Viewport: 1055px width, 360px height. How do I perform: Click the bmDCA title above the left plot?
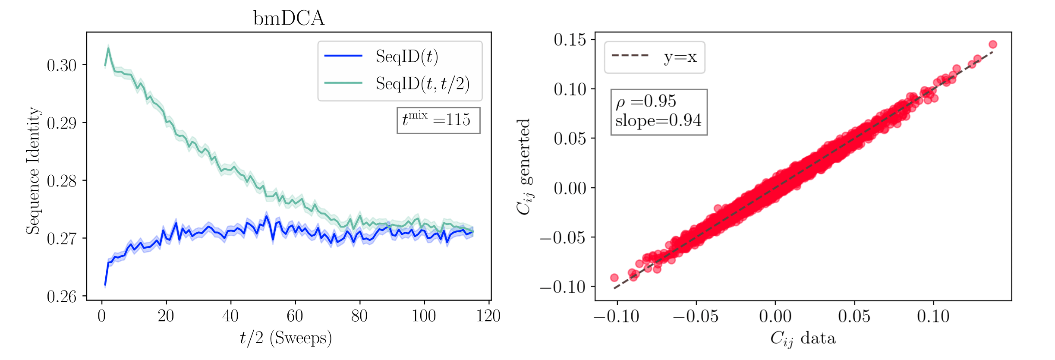tap(289, 18)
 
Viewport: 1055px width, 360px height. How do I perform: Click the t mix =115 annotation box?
tap(438, 120)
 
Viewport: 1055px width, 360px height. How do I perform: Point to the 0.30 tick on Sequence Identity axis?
tap(62, 66)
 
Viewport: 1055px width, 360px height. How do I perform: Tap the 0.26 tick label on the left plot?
tap(62, 297)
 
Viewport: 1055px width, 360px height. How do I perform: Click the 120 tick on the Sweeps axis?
tap(488, 316)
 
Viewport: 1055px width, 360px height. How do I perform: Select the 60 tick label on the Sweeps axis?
tap(295, 316)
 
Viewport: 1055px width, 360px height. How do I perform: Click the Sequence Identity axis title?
tap(33, 171)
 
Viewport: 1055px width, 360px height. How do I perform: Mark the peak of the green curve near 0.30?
tap(108, 48)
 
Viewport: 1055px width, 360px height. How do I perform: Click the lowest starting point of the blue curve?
tap(105, 285)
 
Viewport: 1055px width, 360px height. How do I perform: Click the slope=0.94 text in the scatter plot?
tap(658, 120)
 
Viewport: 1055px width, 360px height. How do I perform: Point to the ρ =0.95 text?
tap(646, 101)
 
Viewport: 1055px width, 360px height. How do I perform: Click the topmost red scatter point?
tap(992, 44)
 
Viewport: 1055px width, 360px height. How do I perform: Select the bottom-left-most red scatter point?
tap(614, 278)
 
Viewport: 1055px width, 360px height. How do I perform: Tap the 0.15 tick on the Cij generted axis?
tap(570, 40)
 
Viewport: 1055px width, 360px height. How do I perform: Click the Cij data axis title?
tap(803, 338)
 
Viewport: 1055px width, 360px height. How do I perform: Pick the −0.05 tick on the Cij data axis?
tap(696, 316)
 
